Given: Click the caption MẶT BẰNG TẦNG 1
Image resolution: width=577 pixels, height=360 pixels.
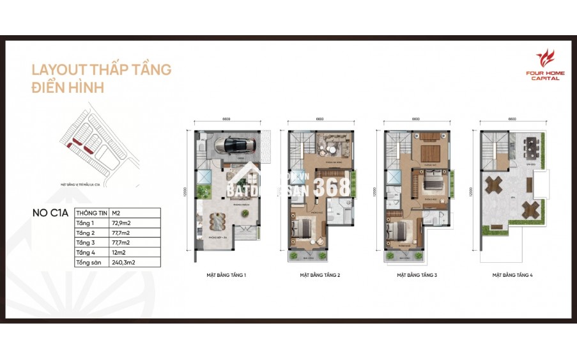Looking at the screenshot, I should (x=227, y=276).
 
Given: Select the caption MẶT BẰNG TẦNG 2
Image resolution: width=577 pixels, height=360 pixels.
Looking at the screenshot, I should (x=319, y=276).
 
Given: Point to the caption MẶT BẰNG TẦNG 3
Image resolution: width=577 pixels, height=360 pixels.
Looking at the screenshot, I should (x=416, y=276).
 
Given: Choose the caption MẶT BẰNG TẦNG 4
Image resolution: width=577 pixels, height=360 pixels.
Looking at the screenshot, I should (x=512, y=276).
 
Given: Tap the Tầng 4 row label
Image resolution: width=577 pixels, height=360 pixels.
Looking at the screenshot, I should (x=91, y=252).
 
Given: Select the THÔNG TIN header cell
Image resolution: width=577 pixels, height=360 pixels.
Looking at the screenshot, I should (x=91, y=213).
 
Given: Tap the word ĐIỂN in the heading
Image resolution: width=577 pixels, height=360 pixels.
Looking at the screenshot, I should (x=49, y=88).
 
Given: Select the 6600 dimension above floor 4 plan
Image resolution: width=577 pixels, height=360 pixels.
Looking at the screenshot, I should (x=512, y=119).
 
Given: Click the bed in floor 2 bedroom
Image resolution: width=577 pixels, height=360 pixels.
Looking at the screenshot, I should (x=302, y=228).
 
